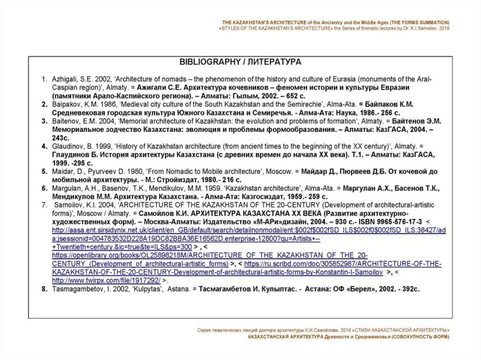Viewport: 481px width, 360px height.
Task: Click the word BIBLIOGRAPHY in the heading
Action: (x=203, y=62)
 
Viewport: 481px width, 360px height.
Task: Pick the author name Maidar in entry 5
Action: (x=62, y=172)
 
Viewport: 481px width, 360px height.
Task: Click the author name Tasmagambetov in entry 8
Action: (x=75, y=289)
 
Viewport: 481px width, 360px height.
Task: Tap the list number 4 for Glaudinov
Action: (x=43, y=146)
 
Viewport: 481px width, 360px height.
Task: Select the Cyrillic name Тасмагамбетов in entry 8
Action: (x=228, y=289)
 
